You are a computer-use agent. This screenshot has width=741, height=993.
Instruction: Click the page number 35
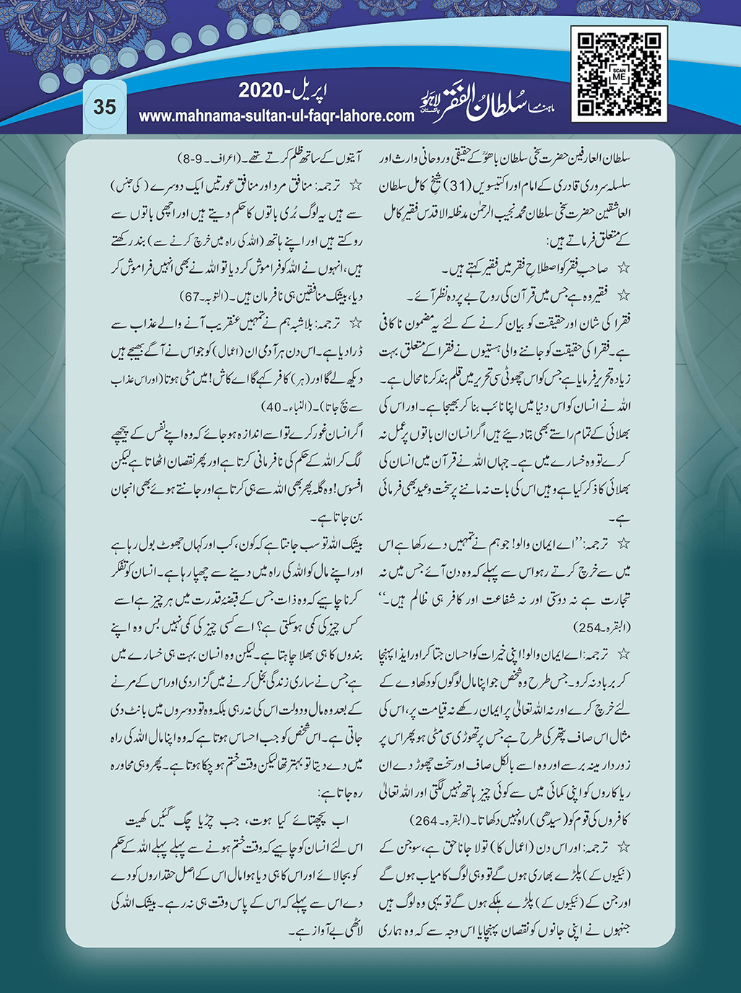click(x=105, y=107)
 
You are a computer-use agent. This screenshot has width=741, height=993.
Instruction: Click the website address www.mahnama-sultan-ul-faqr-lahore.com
click(x=277, y=115)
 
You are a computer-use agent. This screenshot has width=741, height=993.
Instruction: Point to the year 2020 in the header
click(x=264, y=92)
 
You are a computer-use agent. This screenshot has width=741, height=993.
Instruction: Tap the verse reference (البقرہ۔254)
click(x=602, y=626)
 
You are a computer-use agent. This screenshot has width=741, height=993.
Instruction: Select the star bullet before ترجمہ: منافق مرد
click(x=355, y=185)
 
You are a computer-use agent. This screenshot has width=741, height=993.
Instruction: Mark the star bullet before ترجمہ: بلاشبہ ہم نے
click(x=355, y=325)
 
